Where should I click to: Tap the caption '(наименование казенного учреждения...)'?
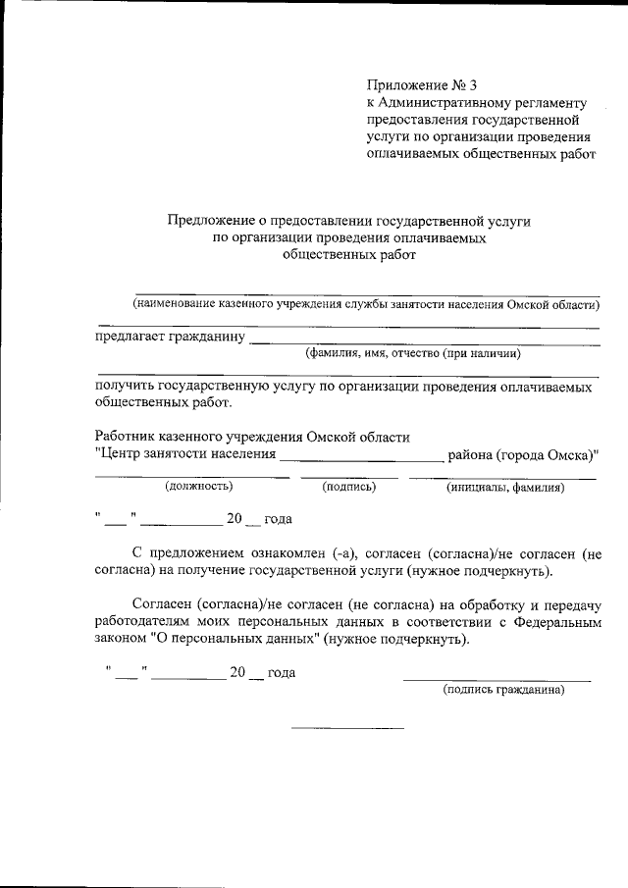pyautogui.click(x=366, y=304)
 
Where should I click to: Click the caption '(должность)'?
pyautogui.click(x=199, y=486)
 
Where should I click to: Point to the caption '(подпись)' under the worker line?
pyautogui.click(x=349, y=486)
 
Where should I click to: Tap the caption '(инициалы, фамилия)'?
pyautogui.click(x=504, y=486)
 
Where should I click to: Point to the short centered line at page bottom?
pyautogui.click(x=347, y=728)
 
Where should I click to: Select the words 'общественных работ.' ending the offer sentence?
pyautogui.click(x=164, y=403)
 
